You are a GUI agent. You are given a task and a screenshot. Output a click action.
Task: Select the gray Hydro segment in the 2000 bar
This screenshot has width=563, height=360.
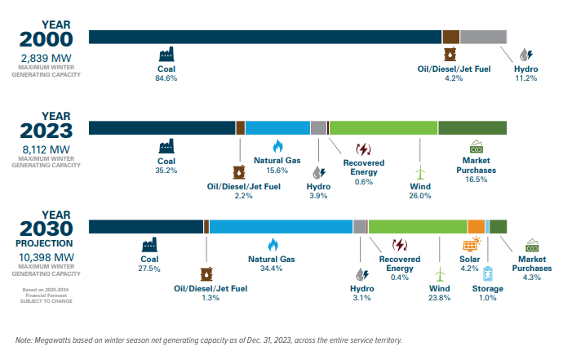[483, 36]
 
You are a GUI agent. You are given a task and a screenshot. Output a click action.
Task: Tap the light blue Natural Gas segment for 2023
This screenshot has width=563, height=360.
[277, 127]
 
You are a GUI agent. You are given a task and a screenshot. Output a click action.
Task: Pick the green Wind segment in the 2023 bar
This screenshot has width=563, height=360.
[383, 127]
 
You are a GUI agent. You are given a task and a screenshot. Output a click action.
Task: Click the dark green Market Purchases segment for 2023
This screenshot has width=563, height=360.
[472, 127]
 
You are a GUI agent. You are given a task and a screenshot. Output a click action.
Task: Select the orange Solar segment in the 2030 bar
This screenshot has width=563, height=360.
[477, 227]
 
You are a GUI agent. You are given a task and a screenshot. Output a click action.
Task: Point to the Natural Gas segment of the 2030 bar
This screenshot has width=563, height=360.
[281, 227]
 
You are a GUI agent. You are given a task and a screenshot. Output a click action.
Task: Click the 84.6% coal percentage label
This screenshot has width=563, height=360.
[166, 79]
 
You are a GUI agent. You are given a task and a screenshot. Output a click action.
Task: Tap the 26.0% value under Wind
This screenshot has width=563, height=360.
[420, 196]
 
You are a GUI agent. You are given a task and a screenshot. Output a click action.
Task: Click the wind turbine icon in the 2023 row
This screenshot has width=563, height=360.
[420, 173]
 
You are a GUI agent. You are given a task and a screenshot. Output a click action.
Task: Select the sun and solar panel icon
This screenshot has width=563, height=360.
[472, 246]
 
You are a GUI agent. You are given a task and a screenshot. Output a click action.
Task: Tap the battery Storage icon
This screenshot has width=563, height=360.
[488, 273]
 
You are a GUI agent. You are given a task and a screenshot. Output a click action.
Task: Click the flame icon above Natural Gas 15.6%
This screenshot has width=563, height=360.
[277, 146]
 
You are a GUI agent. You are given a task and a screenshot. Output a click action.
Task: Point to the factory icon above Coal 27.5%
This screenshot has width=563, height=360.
[149, 245]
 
